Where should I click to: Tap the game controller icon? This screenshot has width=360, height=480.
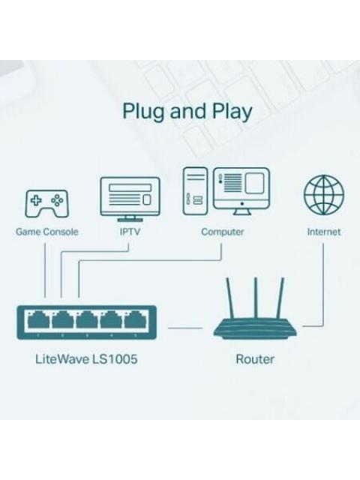pyautogui.click(x=46, y=202)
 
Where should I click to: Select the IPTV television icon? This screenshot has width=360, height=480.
pyautogui.click(x=130, y=197)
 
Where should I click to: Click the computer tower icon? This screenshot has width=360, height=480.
pyautogui.click(x=195, y=190)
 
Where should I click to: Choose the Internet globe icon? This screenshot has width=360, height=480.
pyautogui.click(x=323, y=194)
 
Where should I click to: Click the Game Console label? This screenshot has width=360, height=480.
pyautogui.click(x=46, y=232)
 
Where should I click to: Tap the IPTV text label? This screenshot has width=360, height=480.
pyautogui.click(x=130, y=232)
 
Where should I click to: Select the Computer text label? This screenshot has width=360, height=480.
pyautogui.click(x=223, y=232)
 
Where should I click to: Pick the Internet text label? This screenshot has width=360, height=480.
pyautogui.click(x=323, y=232)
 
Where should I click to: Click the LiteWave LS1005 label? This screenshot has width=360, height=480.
pyautogui.click(x=86, y=359)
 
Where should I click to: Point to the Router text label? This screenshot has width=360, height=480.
pyautogui.click(x=255, y=359)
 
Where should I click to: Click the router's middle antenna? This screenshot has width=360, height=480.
pyautogui.click(x=256, y=296)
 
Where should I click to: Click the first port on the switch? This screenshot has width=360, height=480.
pyautogui.click(x=37, y=321)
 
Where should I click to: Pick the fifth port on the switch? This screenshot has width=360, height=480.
pyautogui.click(x=133, y=321)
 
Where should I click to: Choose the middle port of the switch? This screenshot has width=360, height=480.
pyautogui.click(x=85, y=321)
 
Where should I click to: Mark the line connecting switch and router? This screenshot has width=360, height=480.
pyautogui.click(x=184, y=328)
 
